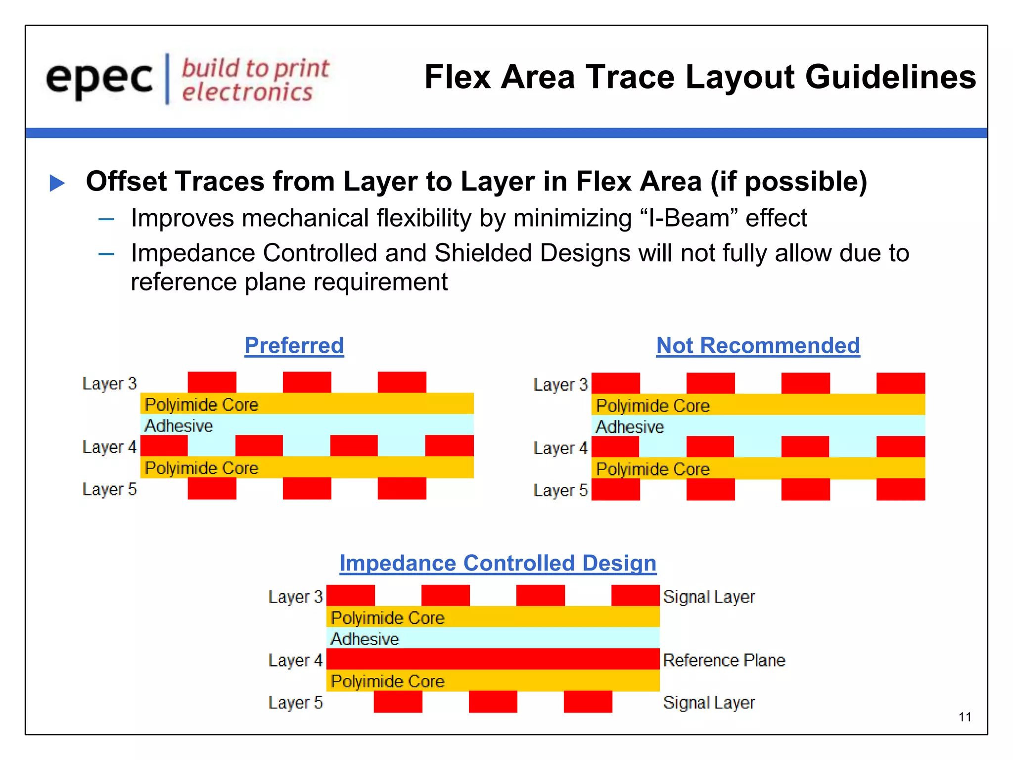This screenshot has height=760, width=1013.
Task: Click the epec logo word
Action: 99,79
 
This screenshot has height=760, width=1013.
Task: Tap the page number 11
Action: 965,717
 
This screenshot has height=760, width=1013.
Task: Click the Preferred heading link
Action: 294,345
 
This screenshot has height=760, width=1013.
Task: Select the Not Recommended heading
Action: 758,345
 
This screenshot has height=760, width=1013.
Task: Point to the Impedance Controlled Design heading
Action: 498,563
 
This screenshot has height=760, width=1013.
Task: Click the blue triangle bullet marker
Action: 57,183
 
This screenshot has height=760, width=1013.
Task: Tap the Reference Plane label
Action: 724,660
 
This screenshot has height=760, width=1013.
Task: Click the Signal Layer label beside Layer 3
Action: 709,597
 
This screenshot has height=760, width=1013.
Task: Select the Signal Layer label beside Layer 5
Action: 709,703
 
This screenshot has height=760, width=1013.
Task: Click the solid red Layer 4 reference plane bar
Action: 493,659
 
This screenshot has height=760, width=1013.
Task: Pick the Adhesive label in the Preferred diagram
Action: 179,426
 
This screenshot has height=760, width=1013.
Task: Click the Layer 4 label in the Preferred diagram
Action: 109,447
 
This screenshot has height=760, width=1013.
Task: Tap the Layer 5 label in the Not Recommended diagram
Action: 560,490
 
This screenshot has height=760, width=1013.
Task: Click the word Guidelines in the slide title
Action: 890,77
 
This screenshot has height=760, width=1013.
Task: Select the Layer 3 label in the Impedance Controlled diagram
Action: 295,597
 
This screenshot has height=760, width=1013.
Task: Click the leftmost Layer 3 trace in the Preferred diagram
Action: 212,382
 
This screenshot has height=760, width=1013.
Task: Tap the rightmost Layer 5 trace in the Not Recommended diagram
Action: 900,489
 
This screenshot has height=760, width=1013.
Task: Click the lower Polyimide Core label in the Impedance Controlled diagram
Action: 387,681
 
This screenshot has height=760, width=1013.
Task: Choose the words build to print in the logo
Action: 255,68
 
